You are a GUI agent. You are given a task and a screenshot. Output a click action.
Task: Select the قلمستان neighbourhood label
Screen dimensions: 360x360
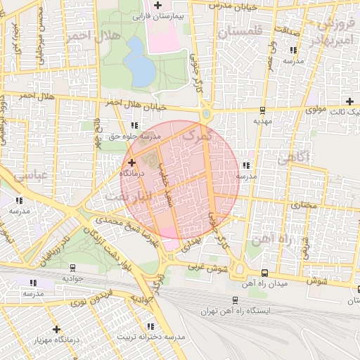tap(239, 32)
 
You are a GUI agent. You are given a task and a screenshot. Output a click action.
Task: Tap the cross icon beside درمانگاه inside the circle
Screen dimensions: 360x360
tap(131, 162)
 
